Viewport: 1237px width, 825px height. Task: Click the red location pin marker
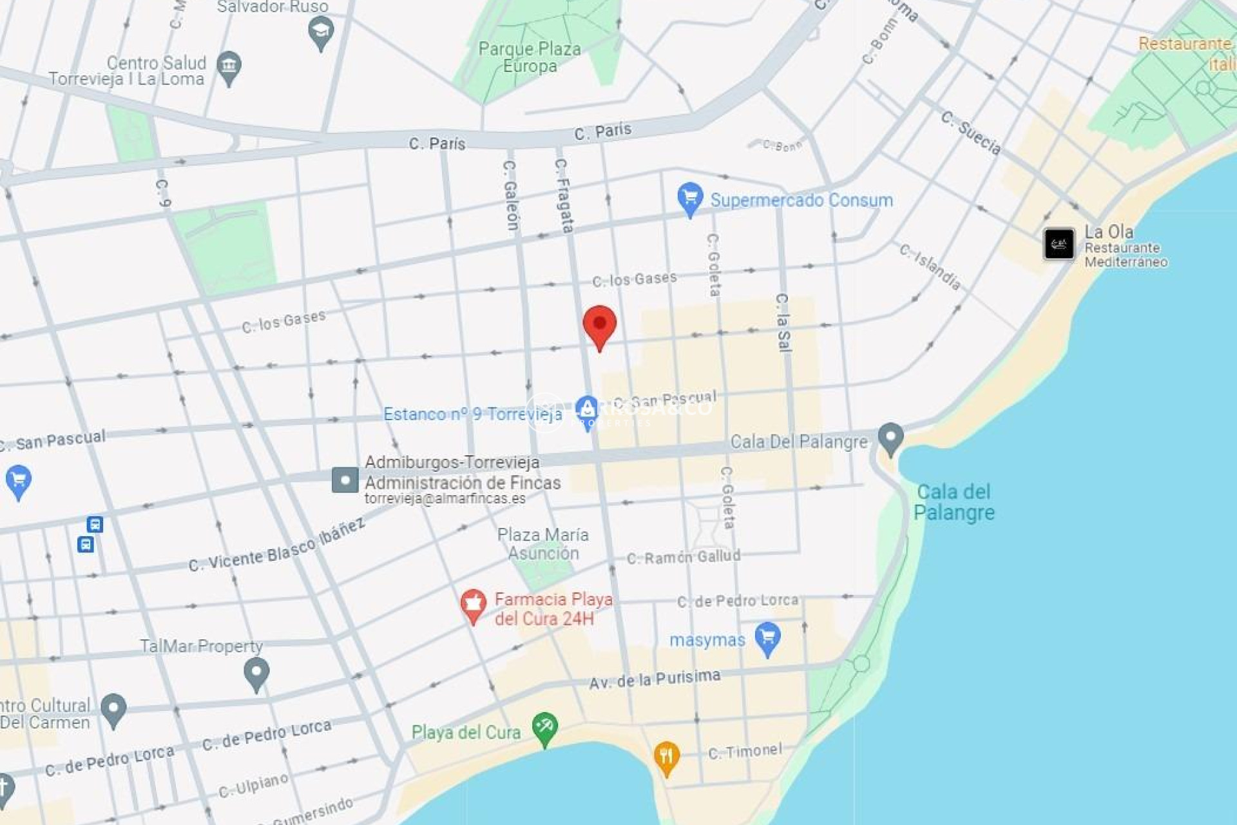(x=599, y=324)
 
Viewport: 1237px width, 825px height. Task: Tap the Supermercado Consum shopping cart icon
(x=689, y=199)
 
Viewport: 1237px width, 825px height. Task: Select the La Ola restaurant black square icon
(x=1059, y=244)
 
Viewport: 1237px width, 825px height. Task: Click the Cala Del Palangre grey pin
(x=890, y=438)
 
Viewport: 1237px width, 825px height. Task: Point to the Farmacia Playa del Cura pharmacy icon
(x=473, y=605)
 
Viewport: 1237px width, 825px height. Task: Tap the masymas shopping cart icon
(x=767, y=637)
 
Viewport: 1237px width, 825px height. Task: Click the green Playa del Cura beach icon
(x=544, y=728)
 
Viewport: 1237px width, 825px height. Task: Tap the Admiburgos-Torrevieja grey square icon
(x=345, y=480)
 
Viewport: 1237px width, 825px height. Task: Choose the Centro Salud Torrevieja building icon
(x=229, y=66)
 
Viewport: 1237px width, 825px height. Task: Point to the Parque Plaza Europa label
(x=530, y=57)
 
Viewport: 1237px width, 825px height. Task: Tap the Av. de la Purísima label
(x=655, y=679)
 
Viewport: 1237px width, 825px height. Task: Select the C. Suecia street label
(x=971, y=133)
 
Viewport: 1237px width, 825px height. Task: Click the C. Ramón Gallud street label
(x=684, y=557)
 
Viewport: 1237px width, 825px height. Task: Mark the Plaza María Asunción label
(x=543, y=544)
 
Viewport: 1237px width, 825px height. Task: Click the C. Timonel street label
(x=745, y=752)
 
